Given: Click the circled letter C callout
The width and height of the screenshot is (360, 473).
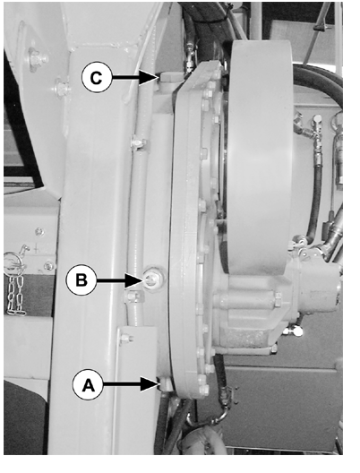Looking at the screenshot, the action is [x=97, y=78].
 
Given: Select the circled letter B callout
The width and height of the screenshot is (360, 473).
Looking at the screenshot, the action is [x=81, y=280].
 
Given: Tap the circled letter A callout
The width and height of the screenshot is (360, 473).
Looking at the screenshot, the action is [x=88, y=385].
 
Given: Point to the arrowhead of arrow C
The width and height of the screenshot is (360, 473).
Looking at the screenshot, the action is [x=149, y=78].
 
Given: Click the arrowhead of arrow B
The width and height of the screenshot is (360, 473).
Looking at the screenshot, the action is [x=134, y=280].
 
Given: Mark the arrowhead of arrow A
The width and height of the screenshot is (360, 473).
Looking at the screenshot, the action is [x=150, y=384].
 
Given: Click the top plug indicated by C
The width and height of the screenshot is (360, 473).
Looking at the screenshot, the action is [x=169, y=80].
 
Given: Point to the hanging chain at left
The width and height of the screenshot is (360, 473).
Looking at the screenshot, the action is [x=16, y=294].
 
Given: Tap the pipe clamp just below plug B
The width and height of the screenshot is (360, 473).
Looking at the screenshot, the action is [x=133, y=297].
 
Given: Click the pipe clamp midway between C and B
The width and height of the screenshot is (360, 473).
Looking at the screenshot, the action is [x=139, y=142].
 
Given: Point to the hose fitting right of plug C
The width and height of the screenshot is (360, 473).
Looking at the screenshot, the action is [x=189, y=59].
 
